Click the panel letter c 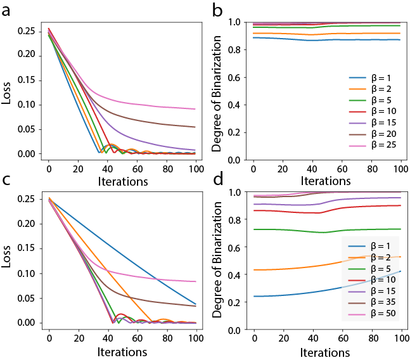(x=10, y=180)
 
